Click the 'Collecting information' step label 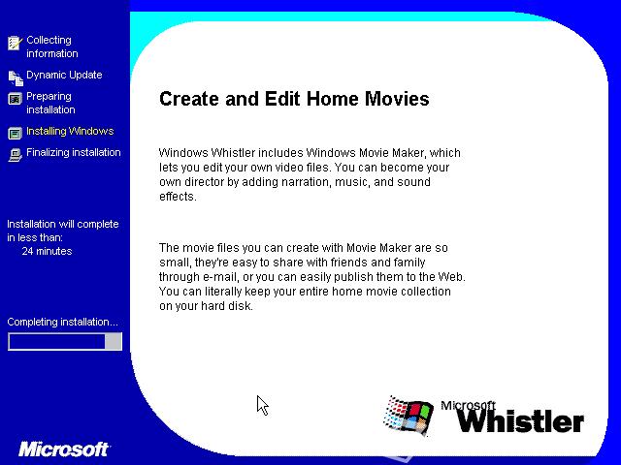coord(51,46)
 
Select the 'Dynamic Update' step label coord(64,75)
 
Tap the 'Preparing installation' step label coord(50,103)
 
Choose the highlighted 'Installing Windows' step coord(70,131)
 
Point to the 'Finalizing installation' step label coord(74,152)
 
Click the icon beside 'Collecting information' coord(16,43)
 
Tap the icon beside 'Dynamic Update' coord(16,77)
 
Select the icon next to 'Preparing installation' coord(16,99)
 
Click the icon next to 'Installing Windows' coord(16,134)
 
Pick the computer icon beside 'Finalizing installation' coord(16,155)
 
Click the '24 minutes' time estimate coord(47,251)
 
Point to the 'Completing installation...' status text coord(62,322)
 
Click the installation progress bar coord(65,341)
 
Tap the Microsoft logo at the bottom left coord(63,449)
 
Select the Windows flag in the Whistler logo coord(408,416)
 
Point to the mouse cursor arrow coord(263,405)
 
